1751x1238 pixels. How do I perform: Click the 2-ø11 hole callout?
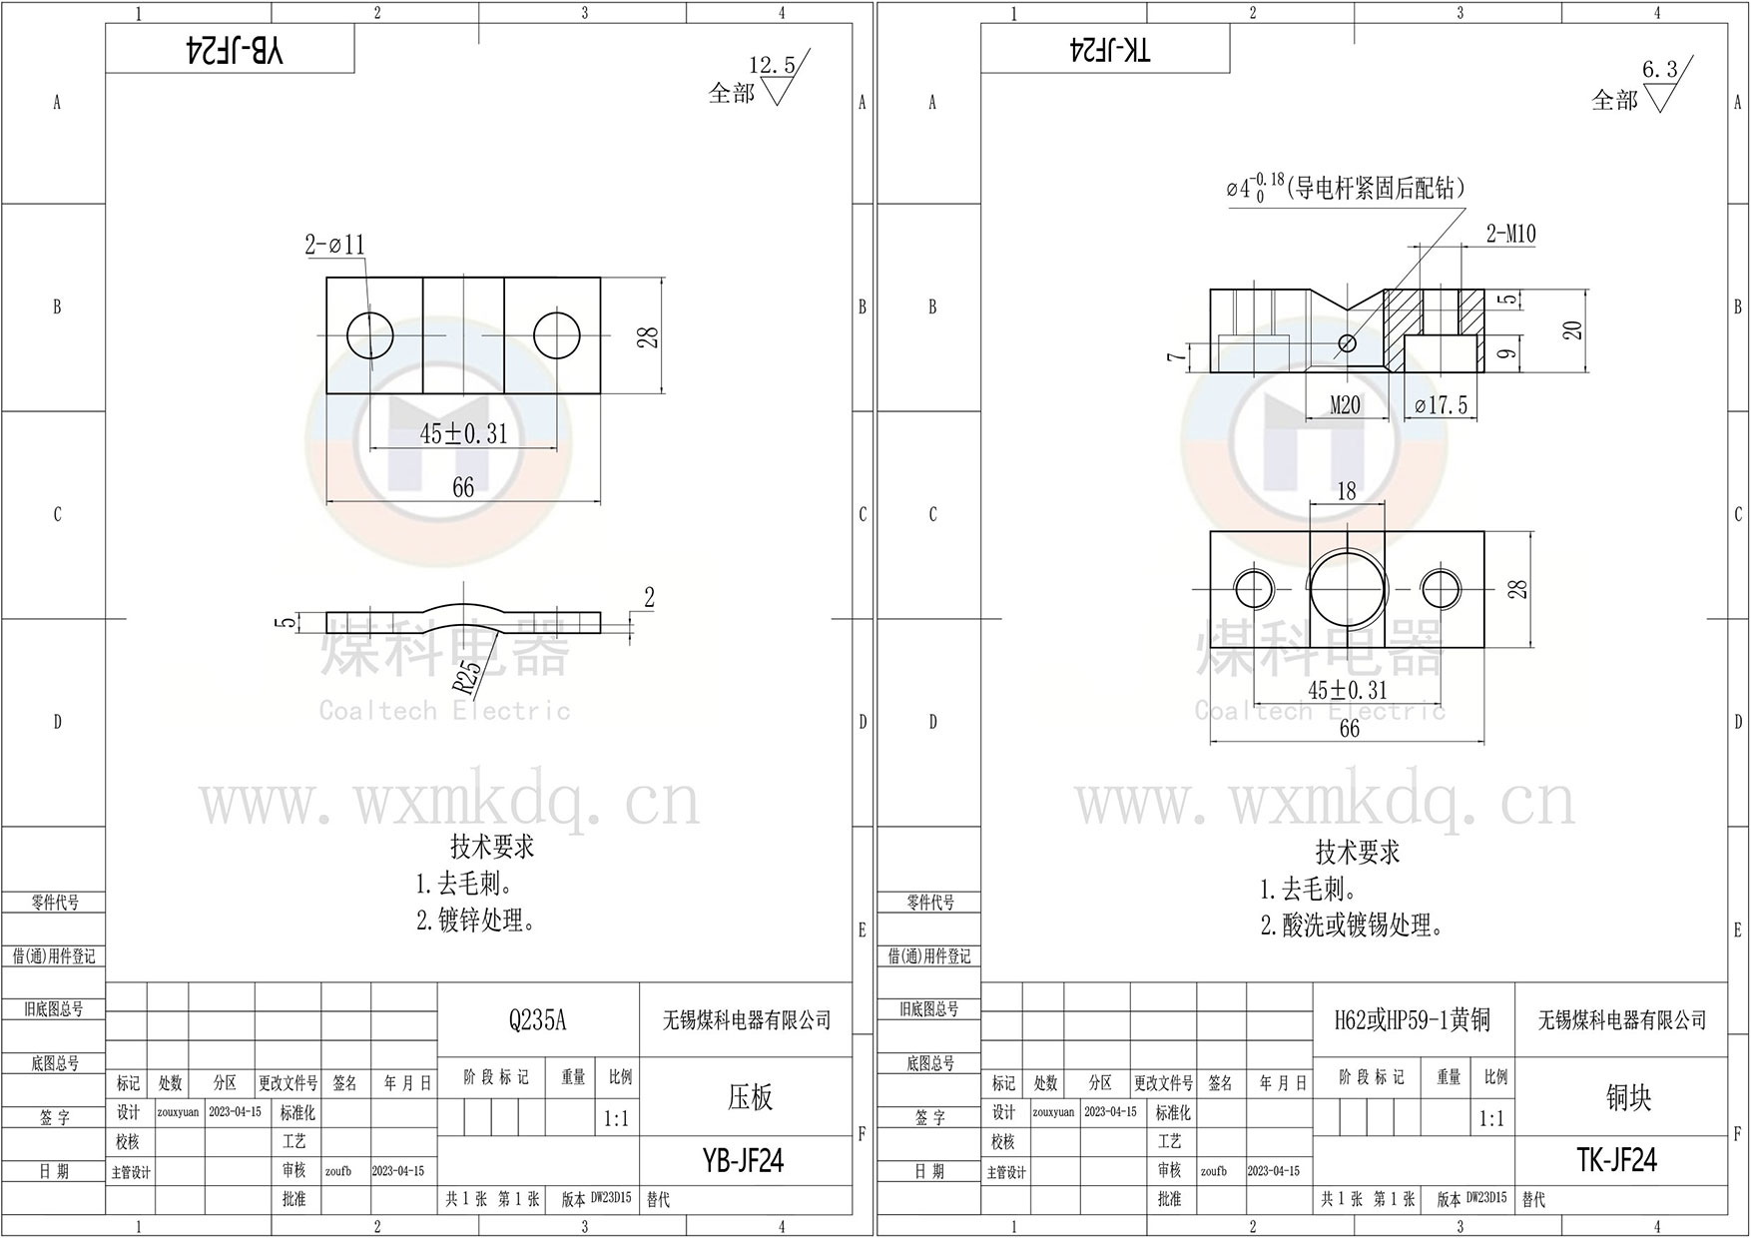click(x=335, y=245)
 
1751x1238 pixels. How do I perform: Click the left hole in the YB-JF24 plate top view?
click(x=369, y=335)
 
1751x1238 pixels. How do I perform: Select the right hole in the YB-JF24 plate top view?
click(x=557, y=335)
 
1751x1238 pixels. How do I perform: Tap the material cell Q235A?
click(x=537, y=1020)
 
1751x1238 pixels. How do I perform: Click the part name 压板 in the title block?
click(x=749, y=1097)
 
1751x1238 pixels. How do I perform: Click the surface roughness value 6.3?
click(x=1660, y=69)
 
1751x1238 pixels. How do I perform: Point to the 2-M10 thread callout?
click(x=1510, y=234)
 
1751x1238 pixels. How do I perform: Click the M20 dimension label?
click(x=1345, y=405)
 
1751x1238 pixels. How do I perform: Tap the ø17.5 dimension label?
click(x=1441, y=405)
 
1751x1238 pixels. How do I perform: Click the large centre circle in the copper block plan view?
click(x=1347, y=588)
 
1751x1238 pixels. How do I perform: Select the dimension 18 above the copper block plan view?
click(x=1346, y=491)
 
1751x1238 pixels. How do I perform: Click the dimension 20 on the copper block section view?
click(x=1573, y=329)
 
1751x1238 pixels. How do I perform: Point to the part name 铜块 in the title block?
click(x=1628, y=1097)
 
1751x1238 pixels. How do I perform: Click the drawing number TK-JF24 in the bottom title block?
click(x=1616, y=1159)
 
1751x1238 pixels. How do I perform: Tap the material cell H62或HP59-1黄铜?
click(x=1412, y=1020)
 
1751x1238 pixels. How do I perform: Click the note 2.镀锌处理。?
click(x=475, y=921)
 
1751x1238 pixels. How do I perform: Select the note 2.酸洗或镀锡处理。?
click(x=1352, y=926)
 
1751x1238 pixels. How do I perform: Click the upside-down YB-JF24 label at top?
click(x=236, y=51)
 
